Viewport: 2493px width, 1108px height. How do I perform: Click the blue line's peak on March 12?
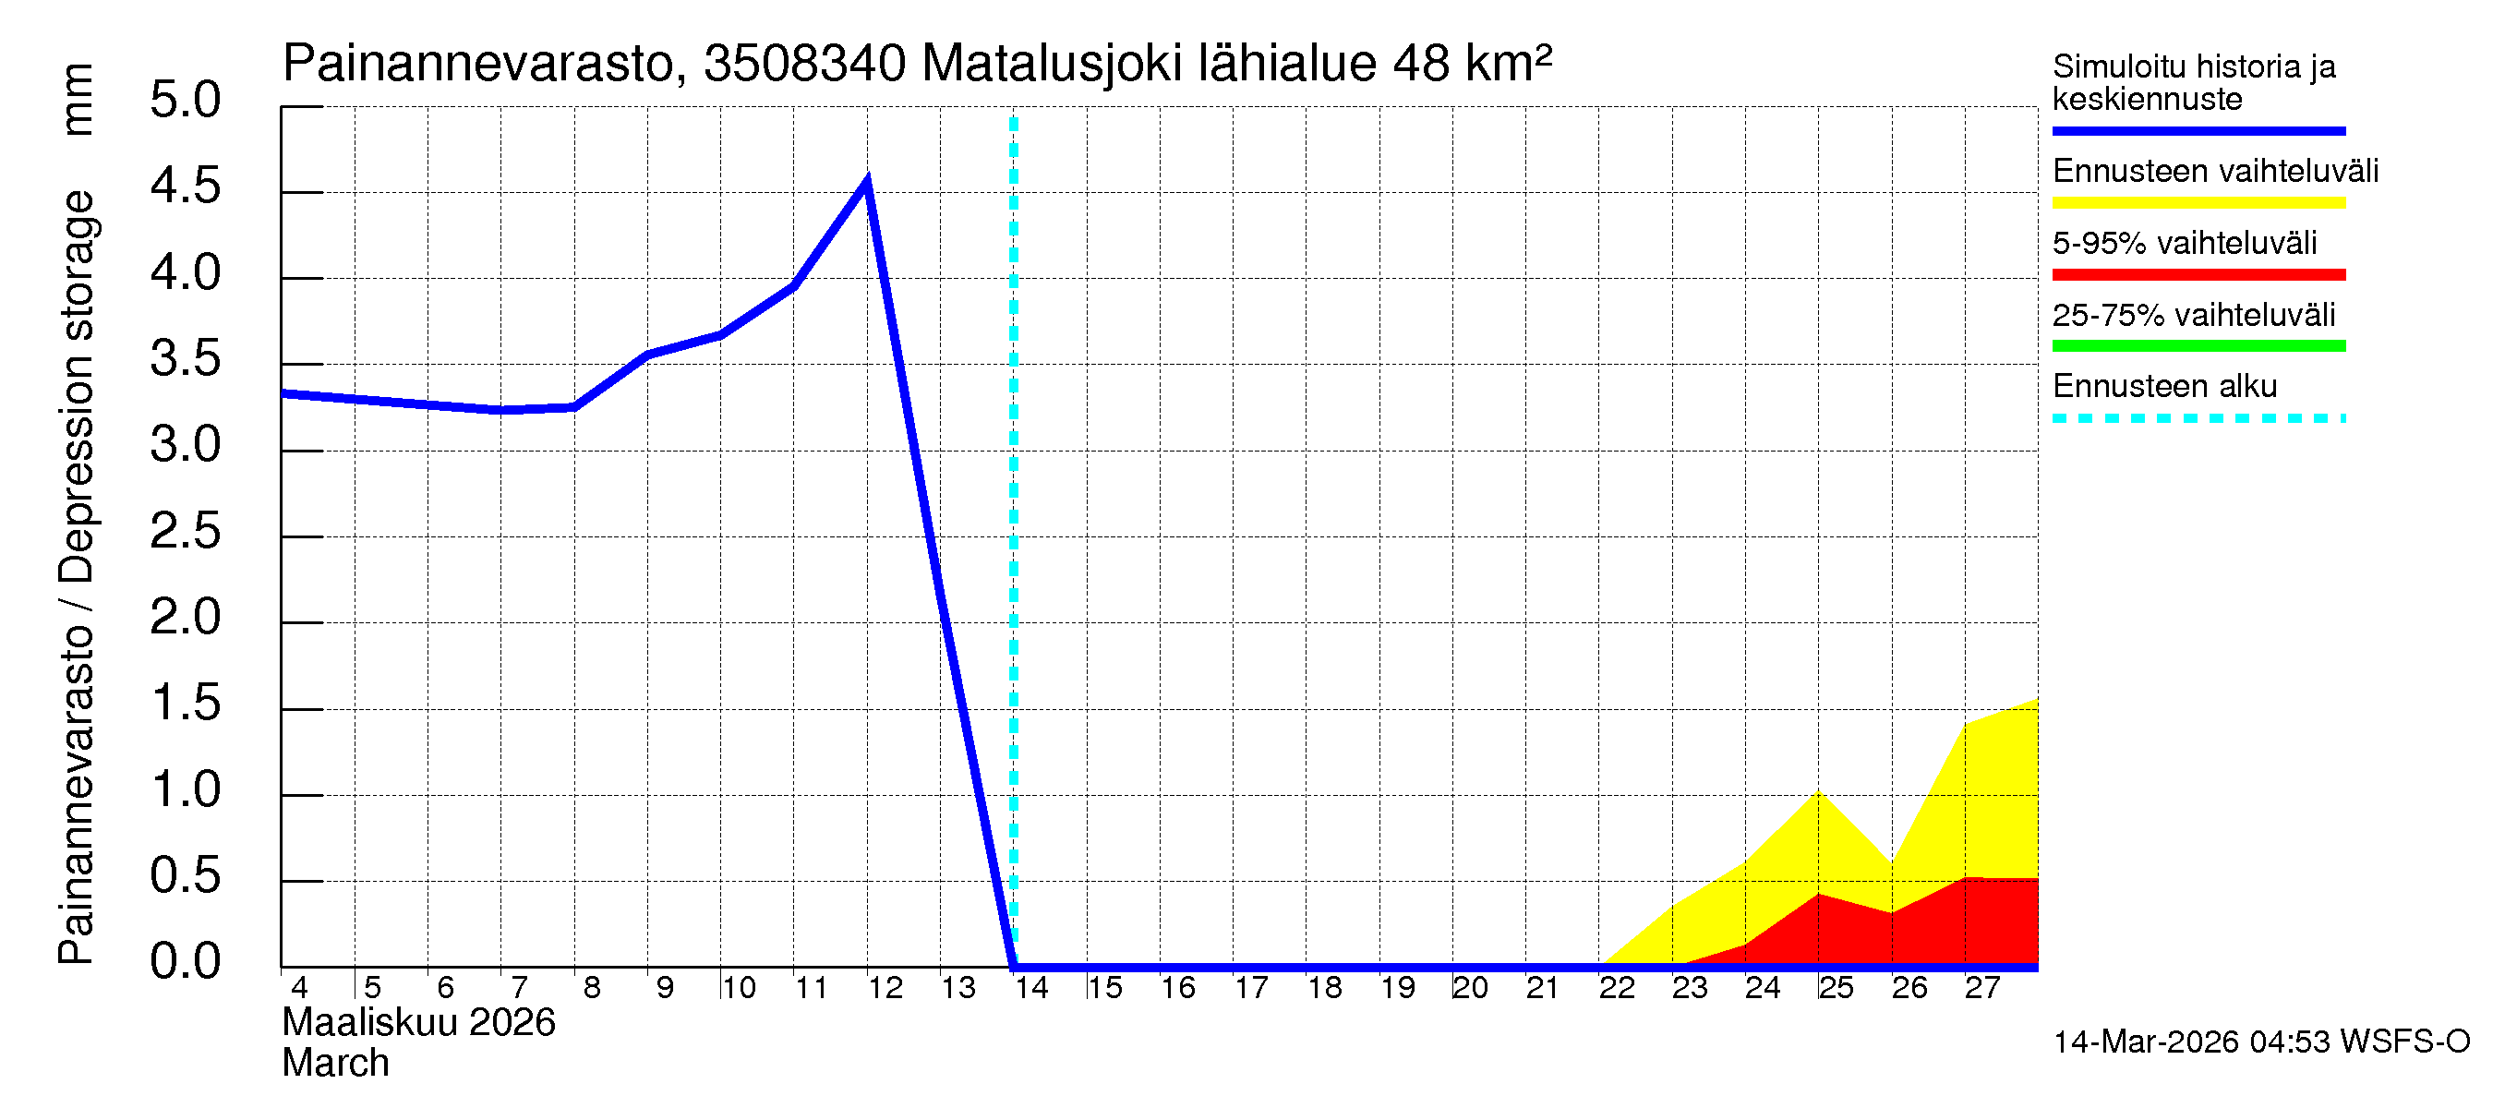coord(866,181)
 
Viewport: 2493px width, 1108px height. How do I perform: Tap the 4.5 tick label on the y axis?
coord(185,187)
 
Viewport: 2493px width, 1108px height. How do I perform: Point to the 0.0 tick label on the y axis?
coord(185,962)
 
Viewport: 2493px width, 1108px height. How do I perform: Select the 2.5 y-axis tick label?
coord(185,532)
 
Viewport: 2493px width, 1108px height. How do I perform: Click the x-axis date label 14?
coord(1031,988)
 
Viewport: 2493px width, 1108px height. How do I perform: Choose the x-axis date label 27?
coord(1982,988)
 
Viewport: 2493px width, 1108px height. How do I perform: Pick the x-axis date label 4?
coord(299,988)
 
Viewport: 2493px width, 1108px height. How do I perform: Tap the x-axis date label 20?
coord(1470,988)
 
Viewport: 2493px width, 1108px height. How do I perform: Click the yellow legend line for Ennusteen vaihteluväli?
coord(2198,203)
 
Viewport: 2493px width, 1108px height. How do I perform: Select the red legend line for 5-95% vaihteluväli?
coord(2198,275)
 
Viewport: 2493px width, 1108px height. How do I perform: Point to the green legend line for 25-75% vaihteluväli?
coord(2198,346)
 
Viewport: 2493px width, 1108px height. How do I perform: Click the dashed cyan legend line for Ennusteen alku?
coord(2198,419)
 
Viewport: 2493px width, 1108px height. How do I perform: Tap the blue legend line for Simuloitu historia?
coord(2198,130)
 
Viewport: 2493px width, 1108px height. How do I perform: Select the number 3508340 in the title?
coord(804,65)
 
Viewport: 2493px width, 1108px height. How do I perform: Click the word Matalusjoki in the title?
coord(1052,65)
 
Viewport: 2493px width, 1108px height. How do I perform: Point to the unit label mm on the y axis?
coord(77,100)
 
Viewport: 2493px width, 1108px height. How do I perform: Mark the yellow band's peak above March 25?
coord(1818,792)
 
